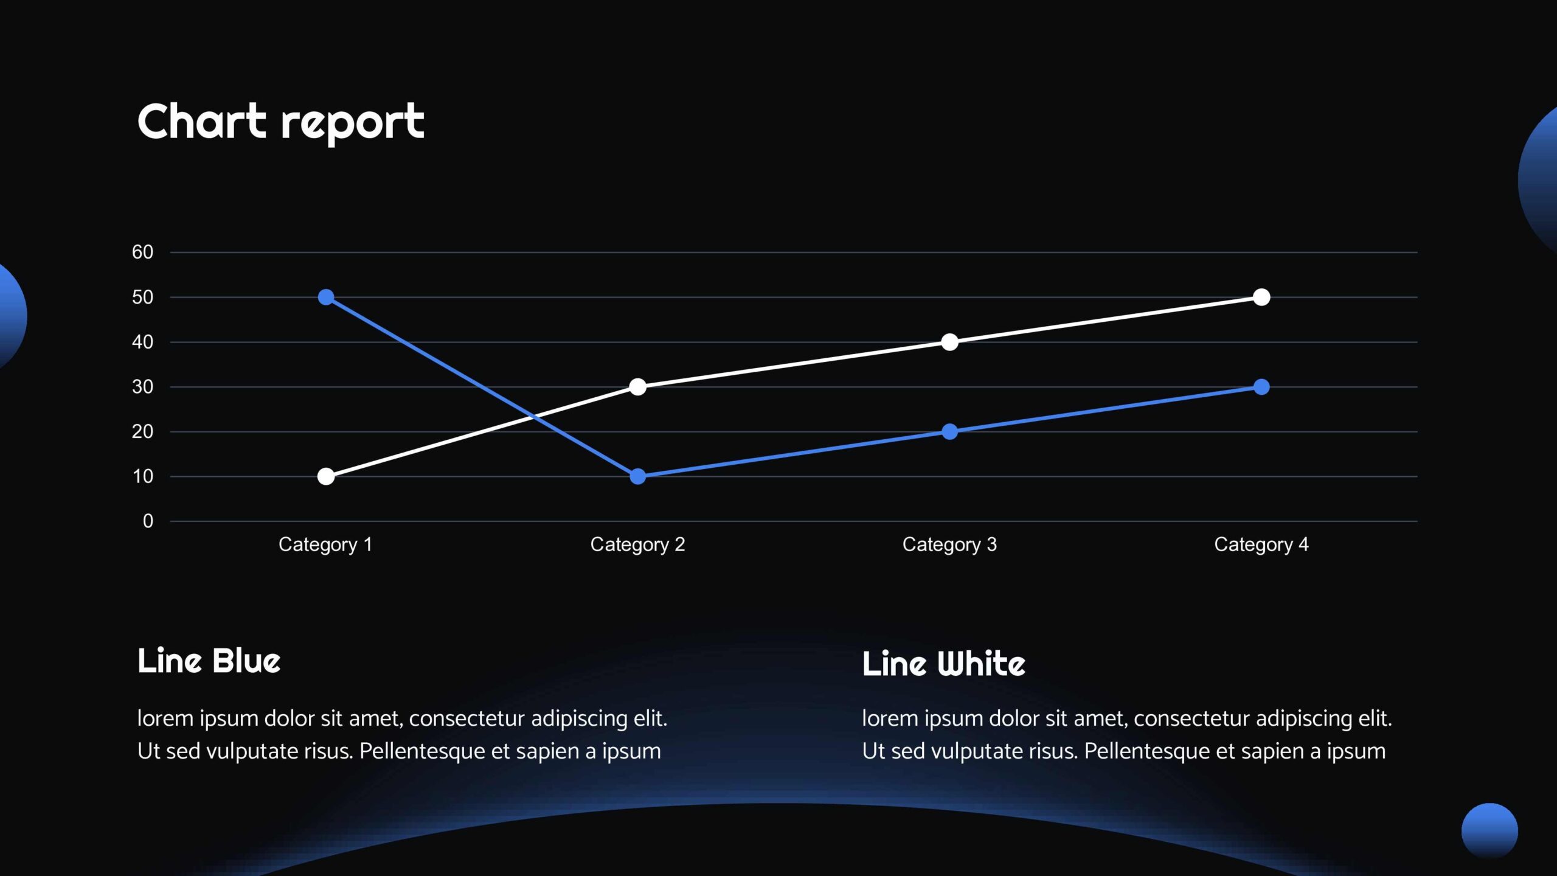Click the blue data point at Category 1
click(326, 297)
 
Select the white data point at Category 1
click(326, 476)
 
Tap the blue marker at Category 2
click(637, 476)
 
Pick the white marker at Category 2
click(637, 387)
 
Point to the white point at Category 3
click(949, 342)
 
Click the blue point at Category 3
click(949, 432)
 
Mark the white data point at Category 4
click(1261, 297)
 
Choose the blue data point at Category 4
click(1261, 387)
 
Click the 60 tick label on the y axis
click(142, 252)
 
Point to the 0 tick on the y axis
click(148, 521)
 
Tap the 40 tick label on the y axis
click(142, 342)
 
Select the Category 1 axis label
click(325, 544)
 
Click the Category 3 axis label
click(949, 544)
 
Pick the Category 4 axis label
click(1261, 544)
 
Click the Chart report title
click(281, 123)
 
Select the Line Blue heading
click(209, 661)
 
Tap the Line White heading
click(943, 663)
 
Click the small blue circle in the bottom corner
click(1489, 831)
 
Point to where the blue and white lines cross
click(533, 417)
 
